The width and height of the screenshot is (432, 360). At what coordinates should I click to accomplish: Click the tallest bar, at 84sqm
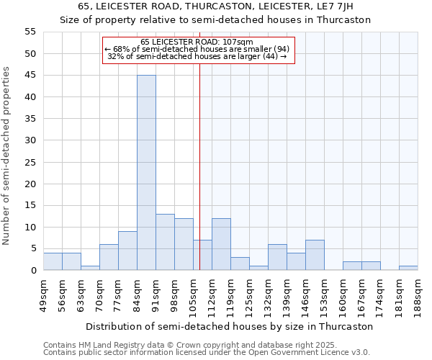tap(146, 173)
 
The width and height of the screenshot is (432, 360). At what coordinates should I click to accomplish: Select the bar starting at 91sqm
tap(165, 242)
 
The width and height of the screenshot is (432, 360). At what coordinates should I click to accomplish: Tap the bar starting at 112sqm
tap(221, 244)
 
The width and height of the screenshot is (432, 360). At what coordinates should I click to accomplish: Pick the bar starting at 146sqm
tap(315, 255)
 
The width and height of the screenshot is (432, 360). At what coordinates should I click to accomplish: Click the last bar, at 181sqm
tap(408, 268)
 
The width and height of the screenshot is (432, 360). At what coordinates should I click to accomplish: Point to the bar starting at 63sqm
tap(90, 268)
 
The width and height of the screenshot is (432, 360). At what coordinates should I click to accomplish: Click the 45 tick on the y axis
tap(30, 76)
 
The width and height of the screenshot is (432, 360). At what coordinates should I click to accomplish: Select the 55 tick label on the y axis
tap(30, 32)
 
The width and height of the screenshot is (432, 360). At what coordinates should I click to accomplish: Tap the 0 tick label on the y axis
tap(33, 271)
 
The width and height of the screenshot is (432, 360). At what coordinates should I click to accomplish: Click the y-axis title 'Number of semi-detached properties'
tap(7, 156)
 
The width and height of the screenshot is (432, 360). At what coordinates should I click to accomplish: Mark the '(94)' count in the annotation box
tap(277, 49)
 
